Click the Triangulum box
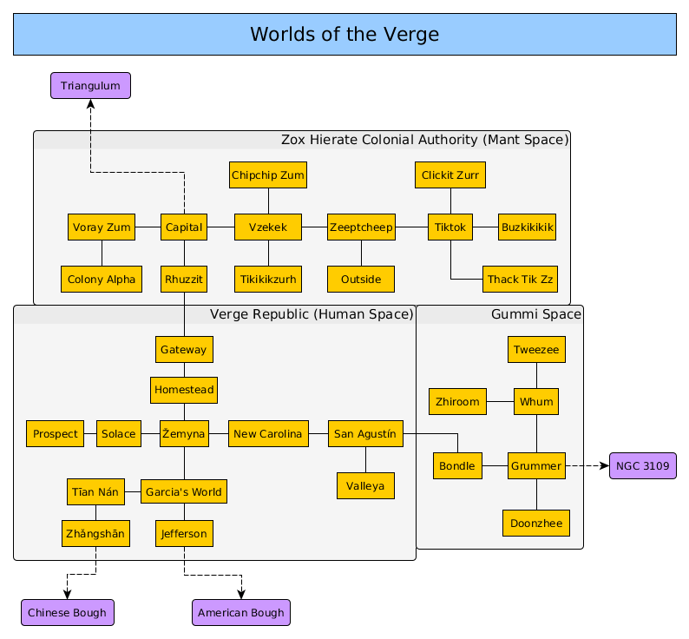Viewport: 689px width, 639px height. click(x=90, y=86)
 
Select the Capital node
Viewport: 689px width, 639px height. click(x=183, y=227)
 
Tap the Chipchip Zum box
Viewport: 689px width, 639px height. click(x=268, y=175)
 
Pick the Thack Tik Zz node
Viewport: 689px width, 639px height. click(x=520, y=279)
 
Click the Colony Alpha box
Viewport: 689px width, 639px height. click(x=102, y=279)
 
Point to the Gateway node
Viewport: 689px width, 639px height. click(x=184, y=349)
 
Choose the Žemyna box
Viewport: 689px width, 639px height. click(x=184, y=433)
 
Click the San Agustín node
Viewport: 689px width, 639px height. click(x=365, y=433)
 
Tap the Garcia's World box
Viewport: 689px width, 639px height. click(x=183, y=491)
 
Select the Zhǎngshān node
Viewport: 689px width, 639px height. click(x=95, y=533)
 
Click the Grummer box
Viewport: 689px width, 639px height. click(x=536, y=466)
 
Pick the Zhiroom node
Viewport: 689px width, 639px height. click(x=457, y=402)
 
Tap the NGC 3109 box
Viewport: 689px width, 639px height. click(x=642, y=466)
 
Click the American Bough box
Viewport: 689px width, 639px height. click(x=241, y=612)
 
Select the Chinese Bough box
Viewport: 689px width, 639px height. click(x=68, y=612)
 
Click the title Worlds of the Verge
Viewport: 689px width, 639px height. click(x=344, y=35)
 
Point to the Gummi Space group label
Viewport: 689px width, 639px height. click(x=535, y=314)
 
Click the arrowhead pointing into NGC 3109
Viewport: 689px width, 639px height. click(x=605, y=466)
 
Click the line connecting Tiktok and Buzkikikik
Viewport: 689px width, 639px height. click(x=485, y=227)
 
